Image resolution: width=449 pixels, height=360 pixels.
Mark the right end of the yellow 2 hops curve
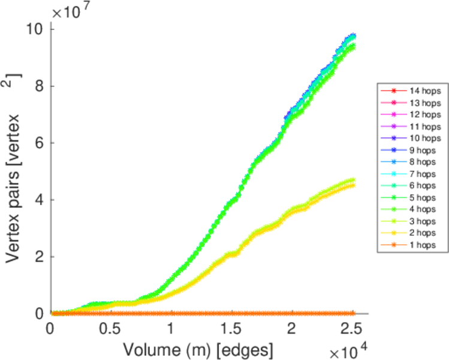[x=353, y=185]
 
